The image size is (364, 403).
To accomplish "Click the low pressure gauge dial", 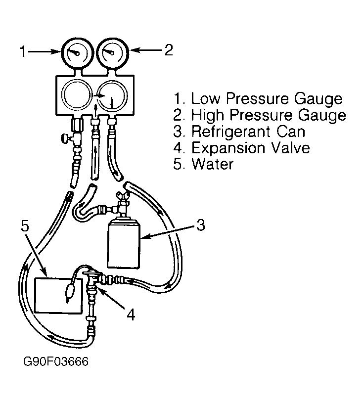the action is (77, 53).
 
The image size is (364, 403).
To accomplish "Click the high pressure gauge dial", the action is (112, 53).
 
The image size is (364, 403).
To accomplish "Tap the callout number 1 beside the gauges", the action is (23, 51).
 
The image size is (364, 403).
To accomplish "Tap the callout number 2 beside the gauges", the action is (169, 49).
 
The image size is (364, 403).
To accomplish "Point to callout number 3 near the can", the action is (200, 225).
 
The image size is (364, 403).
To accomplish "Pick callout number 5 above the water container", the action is (25, 226).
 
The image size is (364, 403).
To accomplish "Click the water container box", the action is (59, 296).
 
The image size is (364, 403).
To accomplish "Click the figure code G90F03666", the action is (56, 361).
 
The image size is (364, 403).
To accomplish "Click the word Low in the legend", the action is (205, 98).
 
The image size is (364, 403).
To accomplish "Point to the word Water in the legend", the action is (213, 164).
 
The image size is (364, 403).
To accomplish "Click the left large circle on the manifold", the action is (77, 95).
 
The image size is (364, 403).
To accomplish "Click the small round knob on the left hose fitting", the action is (64, 139).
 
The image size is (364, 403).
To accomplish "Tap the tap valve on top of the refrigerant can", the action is (123, 203).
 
